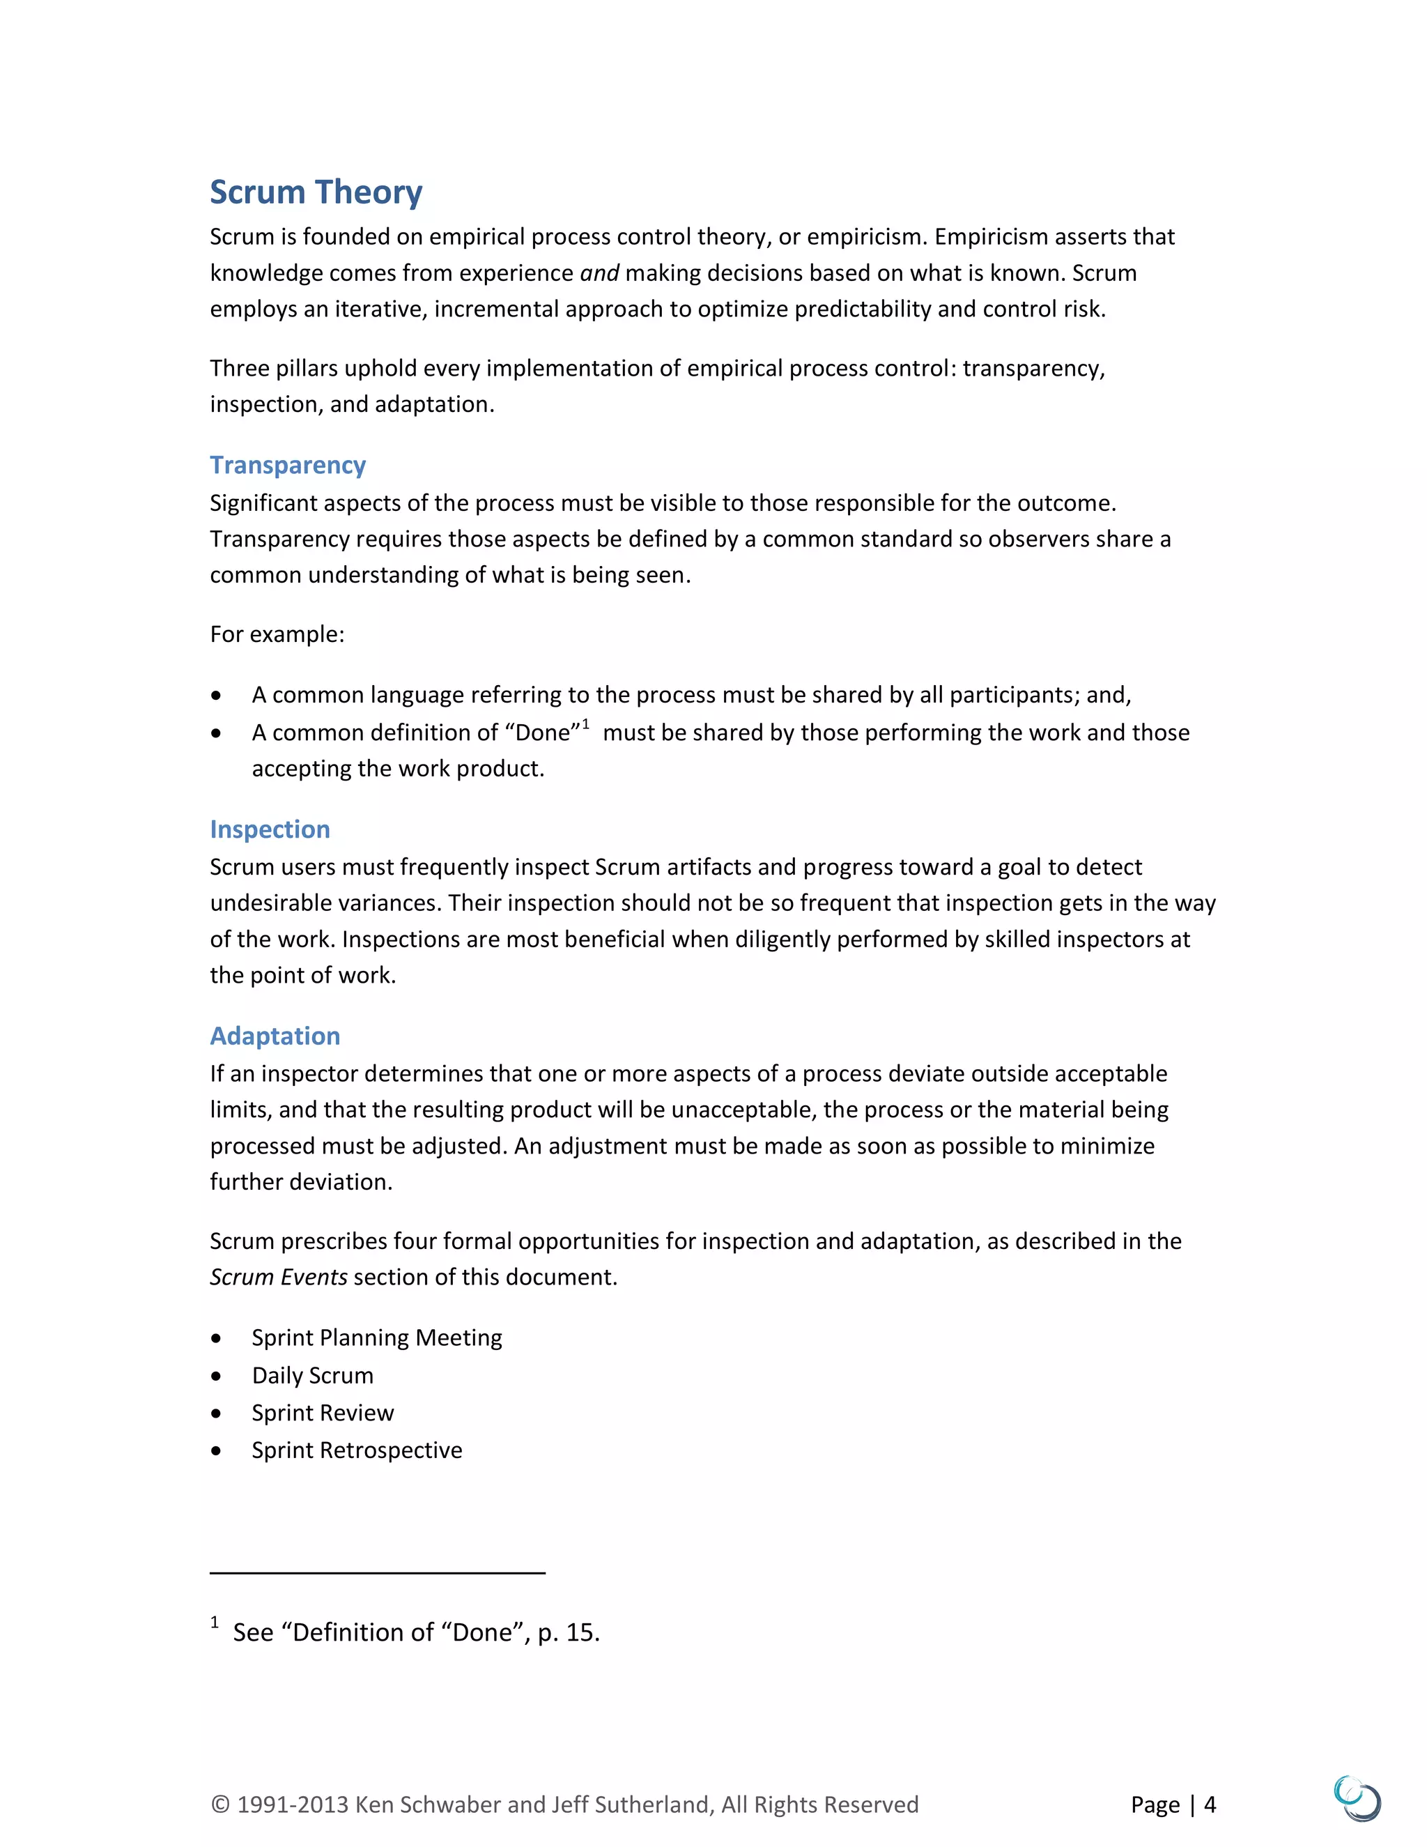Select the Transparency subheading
[288, 465]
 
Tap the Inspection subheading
[270, 829]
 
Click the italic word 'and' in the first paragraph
[599, 273]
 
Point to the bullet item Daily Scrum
[312, 1375]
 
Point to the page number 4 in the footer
[1210, 1804]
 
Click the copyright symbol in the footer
[219, 1804]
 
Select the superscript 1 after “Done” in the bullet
[586, 724]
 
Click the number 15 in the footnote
[580, 1632]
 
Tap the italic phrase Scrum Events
[278, 1277]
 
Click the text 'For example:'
[277, 634]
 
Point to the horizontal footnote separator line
[377, 1573]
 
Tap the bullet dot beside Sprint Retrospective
[217, 1450]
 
